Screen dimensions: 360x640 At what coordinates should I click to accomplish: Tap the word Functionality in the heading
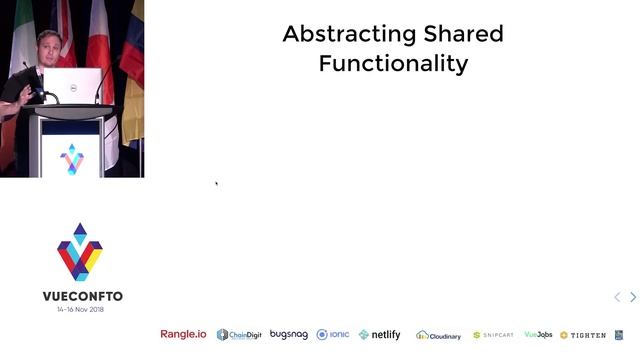click(393, 64)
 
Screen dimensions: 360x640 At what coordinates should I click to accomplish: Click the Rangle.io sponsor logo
click(183, 334)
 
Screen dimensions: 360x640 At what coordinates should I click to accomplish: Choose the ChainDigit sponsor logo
click(239, 335)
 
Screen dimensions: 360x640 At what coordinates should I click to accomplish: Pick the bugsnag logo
click(289, 334)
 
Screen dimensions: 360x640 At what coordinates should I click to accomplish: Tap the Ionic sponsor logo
click(333, 334)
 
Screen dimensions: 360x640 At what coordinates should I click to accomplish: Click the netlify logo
click(380, 334)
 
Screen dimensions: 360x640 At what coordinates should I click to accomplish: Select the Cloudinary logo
click(439, 335)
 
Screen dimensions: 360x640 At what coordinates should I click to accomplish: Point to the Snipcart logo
click(493, 335)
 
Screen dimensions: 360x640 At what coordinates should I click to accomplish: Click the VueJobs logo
click(538, 335)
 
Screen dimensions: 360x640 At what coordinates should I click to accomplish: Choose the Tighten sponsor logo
click(583, 335)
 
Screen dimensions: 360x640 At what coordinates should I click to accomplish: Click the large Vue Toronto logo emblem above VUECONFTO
click(80, 252)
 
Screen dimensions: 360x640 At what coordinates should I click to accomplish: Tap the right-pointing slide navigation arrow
click(632, 297)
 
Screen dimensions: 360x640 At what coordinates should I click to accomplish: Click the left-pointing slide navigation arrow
click(617, 297)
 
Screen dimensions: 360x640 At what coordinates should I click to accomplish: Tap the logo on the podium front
click(72, 157)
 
